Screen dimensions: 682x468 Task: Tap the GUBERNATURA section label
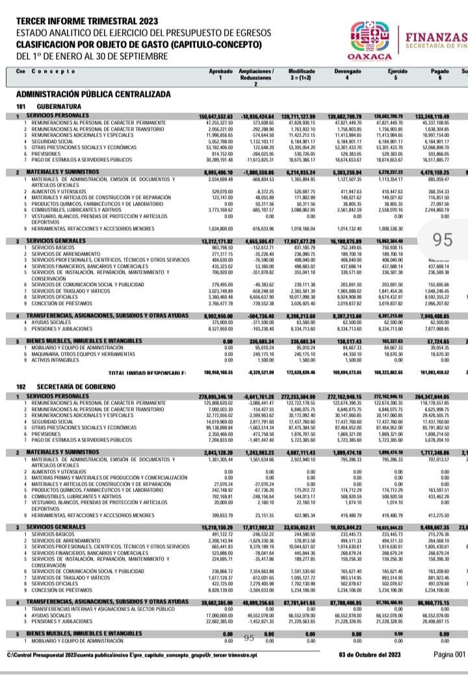click(x=58, y=106)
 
